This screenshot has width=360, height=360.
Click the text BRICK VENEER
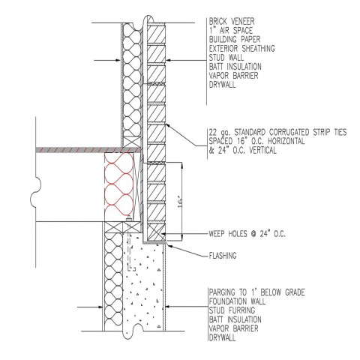[232, 22]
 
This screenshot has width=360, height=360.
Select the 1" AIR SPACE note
[231, 31]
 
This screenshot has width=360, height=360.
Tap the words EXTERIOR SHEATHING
[241, 49]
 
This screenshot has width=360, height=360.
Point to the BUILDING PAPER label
[235, 40]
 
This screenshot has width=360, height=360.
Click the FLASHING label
[223, 256]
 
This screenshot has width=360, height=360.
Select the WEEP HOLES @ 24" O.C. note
[247, 234]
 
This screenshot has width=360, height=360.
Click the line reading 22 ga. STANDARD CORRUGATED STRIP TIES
[277, 132]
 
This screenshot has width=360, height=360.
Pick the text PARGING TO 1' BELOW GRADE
[257, 292]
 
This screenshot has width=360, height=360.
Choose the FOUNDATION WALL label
[237, 301]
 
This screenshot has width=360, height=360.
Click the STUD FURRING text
[232, 310]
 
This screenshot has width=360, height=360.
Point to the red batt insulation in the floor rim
[119, 187]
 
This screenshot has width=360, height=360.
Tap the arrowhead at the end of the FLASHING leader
[168, 244]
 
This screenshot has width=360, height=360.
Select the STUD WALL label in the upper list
[226, 58]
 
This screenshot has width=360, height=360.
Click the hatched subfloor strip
[88, 149]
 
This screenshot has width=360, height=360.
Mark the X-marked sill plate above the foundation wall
[122, 227]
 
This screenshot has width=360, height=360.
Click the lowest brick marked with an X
[156, 232]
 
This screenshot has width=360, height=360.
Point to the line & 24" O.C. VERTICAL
[242, 150]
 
